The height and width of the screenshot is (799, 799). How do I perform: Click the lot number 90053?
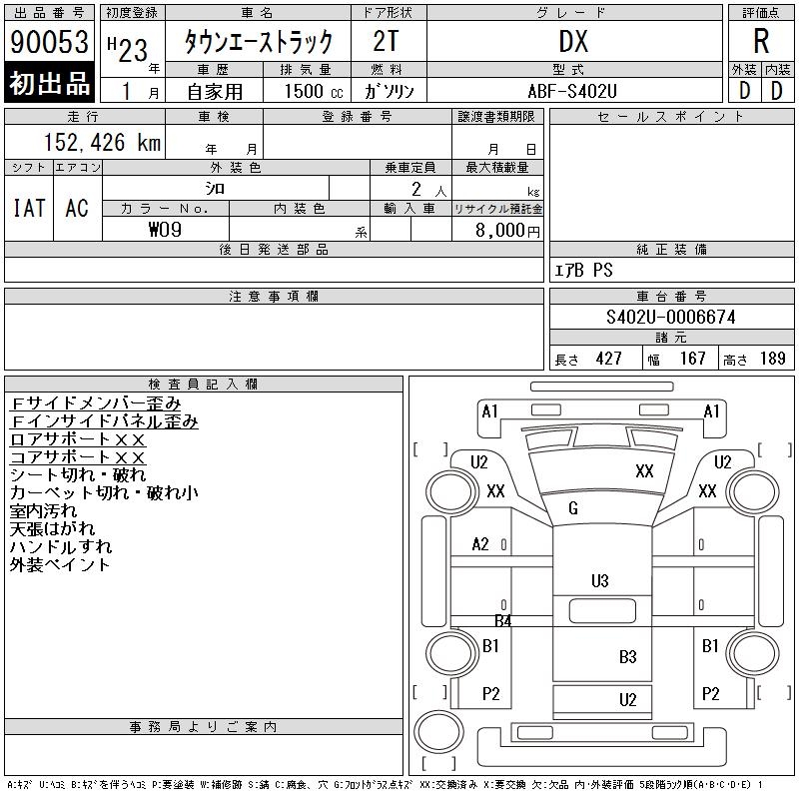(50, 42)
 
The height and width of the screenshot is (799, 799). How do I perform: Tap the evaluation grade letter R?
(761, 42)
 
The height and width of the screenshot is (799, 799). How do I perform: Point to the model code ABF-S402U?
(573, 90)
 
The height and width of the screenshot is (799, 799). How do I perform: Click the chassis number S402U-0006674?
(670, 318)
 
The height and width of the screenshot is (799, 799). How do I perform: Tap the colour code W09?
(166, 229)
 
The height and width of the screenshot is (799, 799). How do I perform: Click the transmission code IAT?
(29, 208)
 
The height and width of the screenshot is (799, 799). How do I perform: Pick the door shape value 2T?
(389, 42)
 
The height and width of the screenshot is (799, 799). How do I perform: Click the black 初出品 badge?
(50, 83)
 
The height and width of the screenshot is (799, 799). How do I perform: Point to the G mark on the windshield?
(573, 509)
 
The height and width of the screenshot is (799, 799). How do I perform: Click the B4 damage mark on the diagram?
(503, 621)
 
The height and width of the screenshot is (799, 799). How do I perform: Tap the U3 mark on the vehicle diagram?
(600, 580)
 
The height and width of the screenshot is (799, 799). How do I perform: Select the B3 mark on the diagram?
(627, 656)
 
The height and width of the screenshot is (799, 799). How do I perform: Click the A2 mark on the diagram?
(480, 544)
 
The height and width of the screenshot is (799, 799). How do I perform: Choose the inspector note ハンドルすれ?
(61, 547)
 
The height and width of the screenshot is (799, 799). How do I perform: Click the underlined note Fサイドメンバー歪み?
(96, 403)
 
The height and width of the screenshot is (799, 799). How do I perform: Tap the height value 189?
(773, 359)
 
